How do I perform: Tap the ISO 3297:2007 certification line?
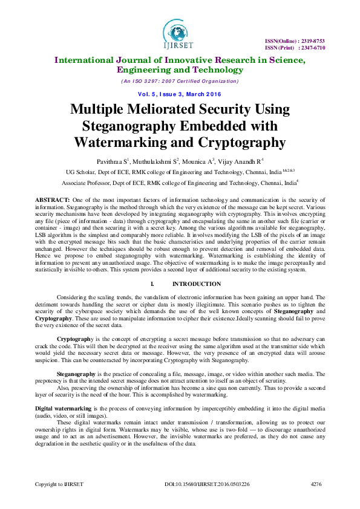coord(180,81)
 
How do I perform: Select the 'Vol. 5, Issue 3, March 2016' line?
coord(180,94)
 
